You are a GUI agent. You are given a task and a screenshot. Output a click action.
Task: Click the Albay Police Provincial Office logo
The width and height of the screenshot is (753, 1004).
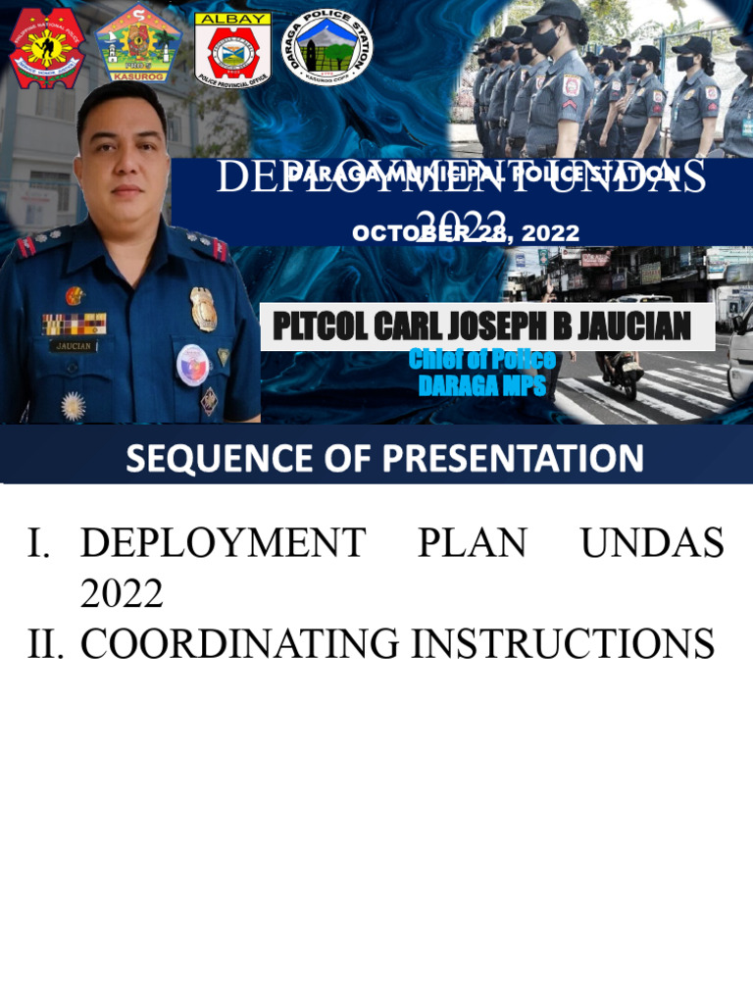(x=233, y=50)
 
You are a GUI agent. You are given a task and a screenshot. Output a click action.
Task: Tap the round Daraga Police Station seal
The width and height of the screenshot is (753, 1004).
(x=326, y=46)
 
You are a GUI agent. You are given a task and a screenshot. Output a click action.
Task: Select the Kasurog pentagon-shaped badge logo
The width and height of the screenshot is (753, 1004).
(x=138, y=44)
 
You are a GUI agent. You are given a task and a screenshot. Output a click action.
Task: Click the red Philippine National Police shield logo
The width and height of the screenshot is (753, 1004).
(x=46, y=47)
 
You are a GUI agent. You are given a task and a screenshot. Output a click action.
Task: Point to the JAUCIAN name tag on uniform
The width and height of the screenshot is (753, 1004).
(x=74, y=346)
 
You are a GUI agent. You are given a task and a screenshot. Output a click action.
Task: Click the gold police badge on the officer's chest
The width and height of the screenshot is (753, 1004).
(x=204, y=308)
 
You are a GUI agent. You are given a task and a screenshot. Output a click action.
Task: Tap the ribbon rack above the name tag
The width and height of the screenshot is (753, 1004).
(x=74, y=324)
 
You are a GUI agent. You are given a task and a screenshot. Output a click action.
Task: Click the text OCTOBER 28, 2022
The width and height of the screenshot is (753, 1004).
(x=466, y=233)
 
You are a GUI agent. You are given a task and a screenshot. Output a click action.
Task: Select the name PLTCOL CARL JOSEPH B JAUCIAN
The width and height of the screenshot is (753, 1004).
(x=481, y=326)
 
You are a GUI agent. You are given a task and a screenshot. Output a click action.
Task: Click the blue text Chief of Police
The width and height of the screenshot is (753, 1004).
(x=481, y=360)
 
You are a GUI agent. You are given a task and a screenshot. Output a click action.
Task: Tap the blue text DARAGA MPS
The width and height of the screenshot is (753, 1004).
(x=481, y=385)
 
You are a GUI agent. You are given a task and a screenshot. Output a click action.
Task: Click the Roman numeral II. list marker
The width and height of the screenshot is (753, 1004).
(x=45, y=644)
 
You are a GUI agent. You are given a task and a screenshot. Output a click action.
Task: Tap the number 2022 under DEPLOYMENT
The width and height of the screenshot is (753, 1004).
(x=122, y=593)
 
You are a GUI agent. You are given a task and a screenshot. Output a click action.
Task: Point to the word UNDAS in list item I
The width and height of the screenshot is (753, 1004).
(x=652, y=542)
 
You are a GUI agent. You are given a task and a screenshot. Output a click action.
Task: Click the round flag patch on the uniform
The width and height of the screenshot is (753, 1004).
(x=192, y=364)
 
